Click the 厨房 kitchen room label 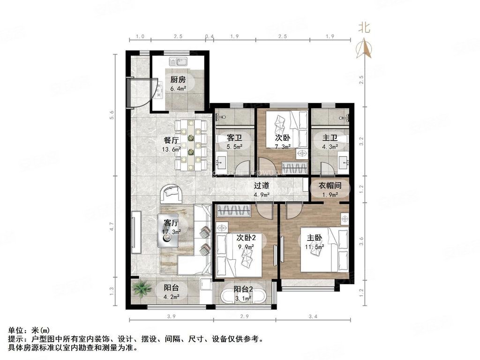(x=178, y=80)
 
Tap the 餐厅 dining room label (x=157, y=140)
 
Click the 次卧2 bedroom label (x=246, y=237)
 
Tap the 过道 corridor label (x=262, y=186)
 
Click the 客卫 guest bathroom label (x=234, y=138)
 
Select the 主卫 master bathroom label (x=330, y=138)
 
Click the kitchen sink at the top (x=178, y=61)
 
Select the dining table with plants (x=191, y=145)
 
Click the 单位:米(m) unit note (x=25, y=330)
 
